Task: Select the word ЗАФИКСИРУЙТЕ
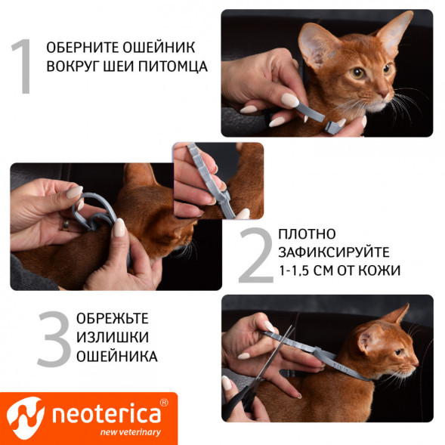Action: pos(333,252)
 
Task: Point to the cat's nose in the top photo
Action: pos(388,96)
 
